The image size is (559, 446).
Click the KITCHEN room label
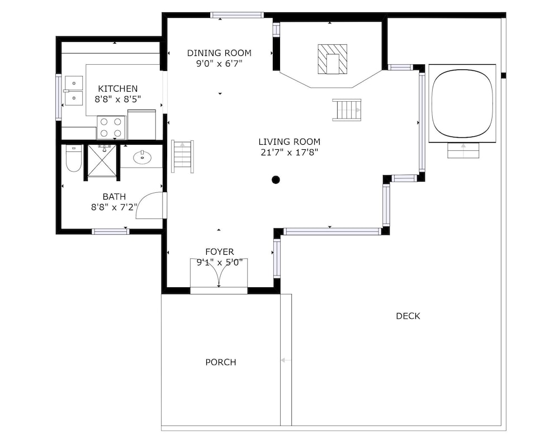point(117,88)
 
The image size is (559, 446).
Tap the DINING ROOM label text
point(219,53)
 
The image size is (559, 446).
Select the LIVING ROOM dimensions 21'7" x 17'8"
point(289,153)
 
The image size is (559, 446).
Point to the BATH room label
point(114,196)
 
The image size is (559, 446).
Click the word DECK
point(408,316)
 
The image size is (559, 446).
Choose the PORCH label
point(221,362)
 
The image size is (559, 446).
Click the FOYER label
point(220,252)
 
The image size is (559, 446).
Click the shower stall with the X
point(102,160)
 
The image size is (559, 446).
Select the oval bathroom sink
point(142,157)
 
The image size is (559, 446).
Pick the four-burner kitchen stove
point(111,127)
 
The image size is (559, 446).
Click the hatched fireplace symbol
point(332,59)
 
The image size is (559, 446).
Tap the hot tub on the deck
point(462,103)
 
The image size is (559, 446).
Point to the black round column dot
point(276,179)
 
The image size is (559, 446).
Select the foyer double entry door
point(219,273)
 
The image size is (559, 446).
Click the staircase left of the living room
point(183,156)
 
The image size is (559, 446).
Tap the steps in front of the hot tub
point(463,150)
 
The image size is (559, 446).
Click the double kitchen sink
point(73,91)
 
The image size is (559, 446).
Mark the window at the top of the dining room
point(236,15)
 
